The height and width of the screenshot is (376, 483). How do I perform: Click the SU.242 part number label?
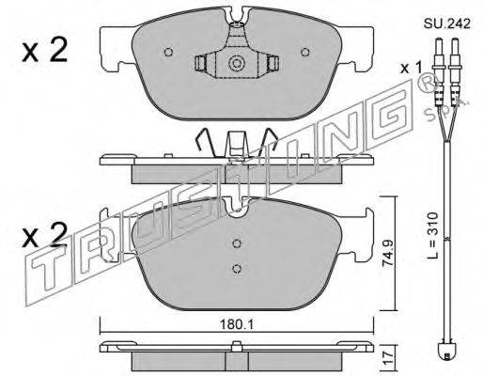[447, 23]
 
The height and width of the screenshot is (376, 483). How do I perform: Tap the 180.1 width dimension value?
[237, 325]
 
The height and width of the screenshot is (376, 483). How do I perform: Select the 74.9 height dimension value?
[388, 254]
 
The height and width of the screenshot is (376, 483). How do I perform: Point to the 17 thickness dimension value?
[388, 357]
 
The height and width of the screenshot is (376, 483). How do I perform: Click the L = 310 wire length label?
[433, 236]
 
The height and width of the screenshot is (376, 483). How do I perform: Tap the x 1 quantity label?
[412, 68]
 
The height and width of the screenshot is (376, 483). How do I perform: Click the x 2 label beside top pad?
[45, 51]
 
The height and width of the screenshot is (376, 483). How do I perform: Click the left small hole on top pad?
[168, 52]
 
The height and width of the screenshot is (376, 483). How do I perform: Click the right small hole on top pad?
[305, 52]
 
